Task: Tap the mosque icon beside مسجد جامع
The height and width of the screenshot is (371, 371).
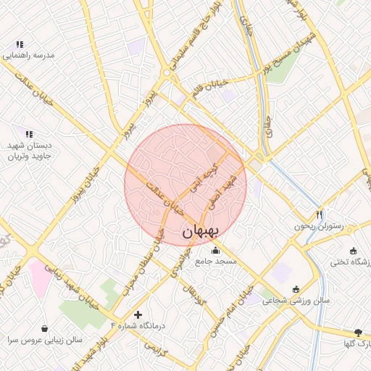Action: pyautogui.click(x=214, y=251)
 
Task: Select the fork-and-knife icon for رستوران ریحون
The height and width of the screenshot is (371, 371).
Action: pyautogui.click(x=320, y=214)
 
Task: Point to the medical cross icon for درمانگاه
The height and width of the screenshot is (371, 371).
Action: pyautogui.click(x=138, y=314)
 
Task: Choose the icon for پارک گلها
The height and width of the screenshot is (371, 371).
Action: pyautogui.click(x=357, y=331)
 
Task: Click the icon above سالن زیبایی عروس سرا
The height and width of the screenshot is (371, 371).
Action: pyautogui.click(x=45, y=328)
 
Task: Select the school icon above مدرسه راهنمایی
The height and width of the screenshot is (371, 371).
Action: pyautogui.click(x=29, y=43)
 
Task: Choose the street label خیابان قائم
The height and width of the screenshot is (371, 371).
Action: pyautogui.click(x=207, y=91)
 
